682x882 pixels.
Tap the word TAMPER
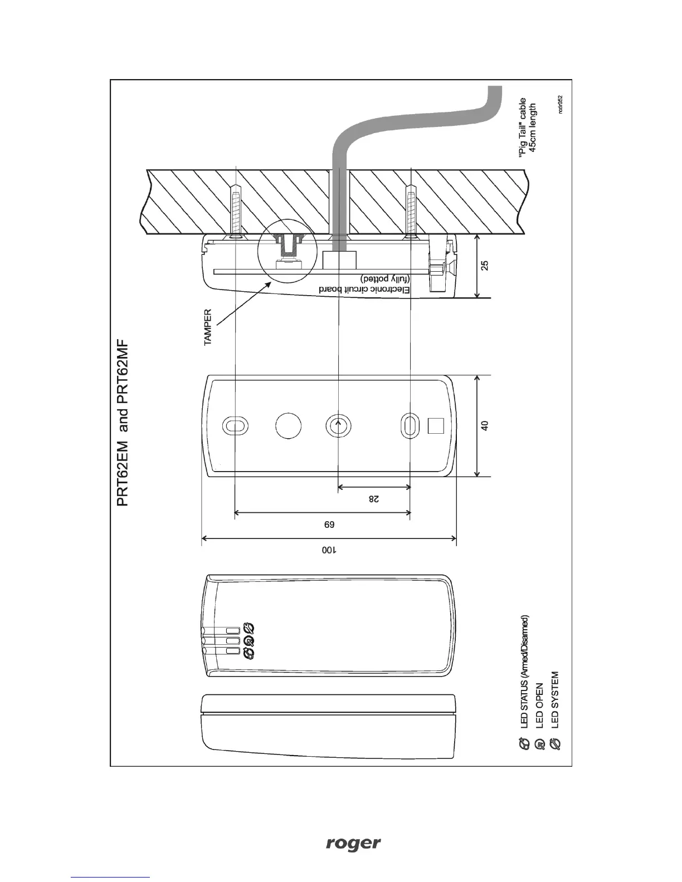pyautogui.click(x=208, y=327)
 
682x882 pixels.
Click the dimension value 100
pyautogui.click(x=329, y=550)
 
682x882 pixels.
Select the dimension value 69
pyautogui.click(x=329, y=524)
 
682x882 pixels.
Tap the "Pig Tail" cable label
pyautogui.click(x=527, y=128)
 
